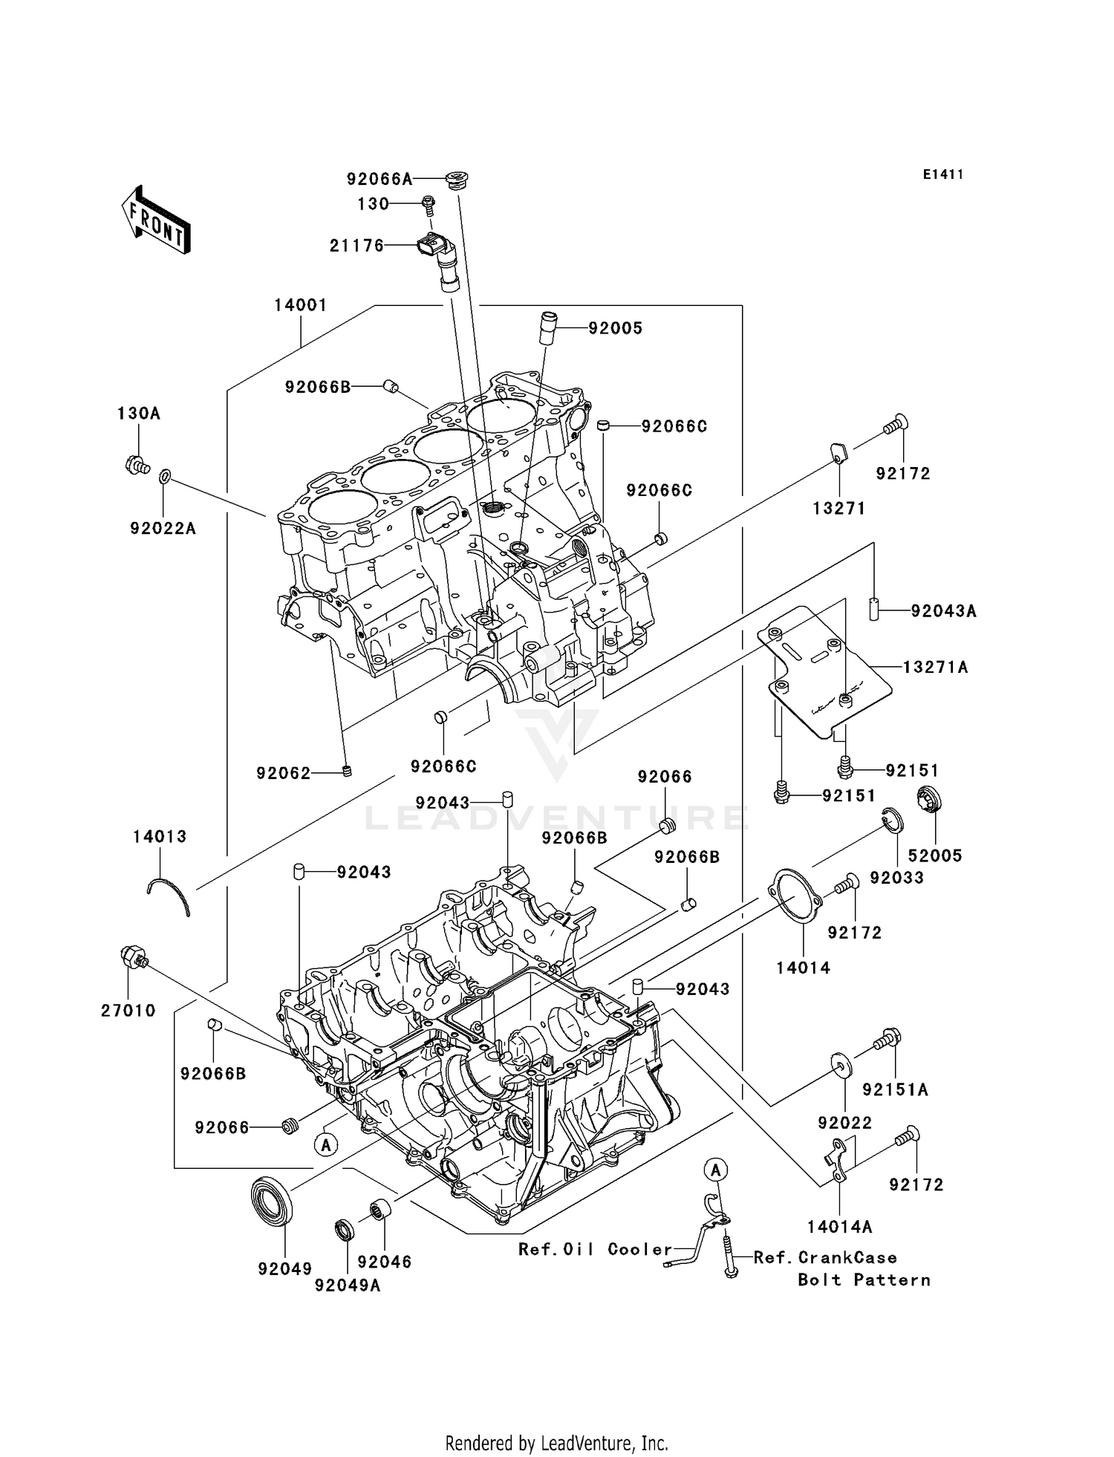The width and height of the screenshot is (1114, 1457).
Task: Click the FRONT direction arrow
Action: [156, 221]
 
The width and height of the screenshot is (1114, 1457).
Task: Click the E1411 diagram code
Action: [943, 175]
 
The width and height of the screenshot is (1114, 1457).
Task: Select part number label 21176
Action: [357, 246]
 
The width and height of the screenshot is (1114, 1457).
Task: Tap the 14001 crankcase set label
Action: [301, 305]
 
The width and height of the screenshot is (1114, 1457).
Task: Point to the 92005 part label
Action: [616, 328]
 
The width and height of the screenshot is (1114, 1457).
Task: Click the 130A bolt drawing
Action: [137, 466]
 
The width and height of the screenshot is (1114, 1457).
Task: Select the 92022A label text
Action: [163, 529]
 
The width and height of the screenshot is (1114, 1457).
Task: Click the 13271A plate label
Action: [936, 668]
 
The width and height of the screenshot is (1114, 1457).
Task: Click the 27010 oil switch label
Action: [128, 1011]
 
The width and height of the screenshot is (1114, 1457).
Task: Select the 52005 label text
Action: [935, 855]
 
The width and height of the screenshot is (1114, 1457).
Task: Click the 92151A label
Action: [896, 1089]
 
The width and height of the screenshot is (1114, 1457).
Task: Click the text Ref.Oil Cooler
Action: [595, 1249]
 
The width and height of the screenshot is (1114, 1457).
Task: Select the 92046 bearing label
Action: [385, 1262]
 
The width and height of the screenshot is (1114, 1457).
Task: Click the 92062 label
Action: [284, 773]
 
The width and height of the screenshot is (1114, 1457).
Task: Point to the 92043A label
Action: [943, 611]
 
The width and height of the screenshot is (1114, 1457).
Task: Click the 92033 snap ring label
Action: [897, 878]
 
